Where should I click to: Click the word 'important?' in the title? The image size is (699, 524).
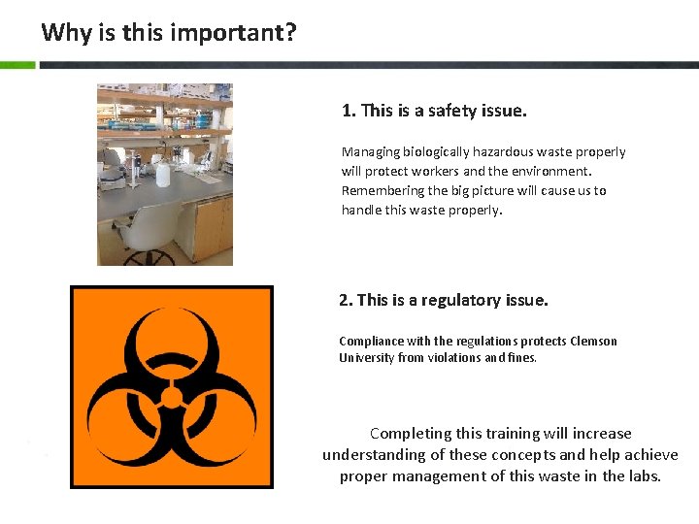[233, 33]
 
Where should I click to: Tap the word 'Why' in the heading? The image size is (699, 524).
[66, 33]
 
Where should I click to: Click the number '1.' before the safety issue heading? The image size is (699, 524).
[349, 111]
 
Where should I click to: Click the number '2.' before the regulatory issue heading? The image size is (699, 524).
[346, 300]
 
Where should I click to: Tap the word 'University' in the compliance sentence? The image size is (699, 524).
[366, 357]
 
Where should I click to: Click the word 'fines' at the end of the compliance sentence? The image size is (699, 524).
[521, 357]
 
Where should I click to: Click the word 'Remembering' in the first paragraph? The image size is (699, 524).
[382, 190]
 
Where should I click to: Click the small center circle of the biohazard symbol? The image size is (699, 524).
[171, 396]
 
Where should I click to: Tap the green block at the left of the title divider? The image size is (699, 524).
[17, 65]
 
